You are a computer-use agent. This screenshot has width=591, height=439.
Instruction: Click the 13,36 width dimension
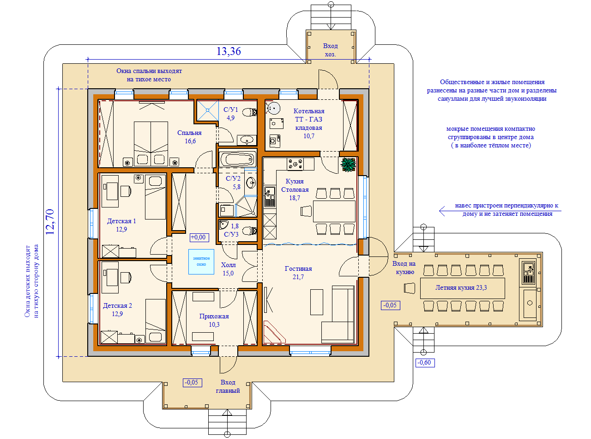(x=229, y=51)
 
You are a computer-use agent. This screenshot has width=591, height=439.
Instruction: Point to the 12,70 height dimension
(x=50, y=222)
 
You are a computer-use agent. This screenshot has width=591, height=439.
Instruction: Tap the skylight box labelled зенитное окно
(x=201, y=262)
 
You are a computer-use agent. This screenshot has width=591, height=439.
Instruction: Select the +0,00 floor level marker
(x=199, y=237)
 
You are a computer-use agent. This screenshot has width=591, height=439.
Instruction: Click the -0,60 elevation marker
(x=425, y=363)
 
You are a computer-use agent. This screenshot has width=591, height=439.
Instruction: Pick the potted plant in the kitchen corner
(x=348, y=165)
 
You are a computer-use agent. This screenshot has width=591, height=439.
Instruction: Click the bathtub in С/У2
(x=237, y=159)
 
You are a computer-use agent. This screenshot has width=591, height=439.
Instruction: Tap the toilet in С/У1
(x=249, y=112)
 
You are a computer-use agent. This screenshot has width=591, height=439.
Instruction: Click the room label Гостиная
(x=298, y=268)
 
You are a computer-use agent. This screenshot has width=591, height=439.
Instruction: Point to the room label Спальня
(x=189, y=133)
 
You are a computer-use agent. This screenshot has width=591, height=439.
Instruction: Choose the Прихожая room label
(x=214, y=316)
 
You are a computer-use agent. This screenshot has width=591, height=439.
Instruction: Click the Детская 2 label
(x=117, y=305)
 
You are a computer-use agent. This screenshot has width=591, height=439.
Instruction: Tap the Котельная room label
(x=309, y=111)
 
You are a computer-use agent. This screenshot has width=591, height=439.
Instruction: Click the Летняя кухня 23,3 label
(x=461, y=287)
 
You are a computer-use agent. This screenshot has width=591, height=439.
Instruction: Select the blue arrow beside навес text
(x=500, y=211)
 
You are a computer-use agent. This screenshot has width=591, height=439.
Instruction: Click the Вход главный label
(x=228, y=386)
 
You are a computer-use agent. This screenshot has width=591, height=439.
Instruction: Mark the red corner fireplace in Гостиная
(x=274, y=332)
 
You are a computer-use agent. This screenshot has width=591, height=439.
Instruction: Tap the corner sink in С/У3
(x=223, y=225)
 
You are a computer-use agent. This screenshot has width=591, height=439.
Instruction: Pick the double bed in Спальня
(x=151, y=144)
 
